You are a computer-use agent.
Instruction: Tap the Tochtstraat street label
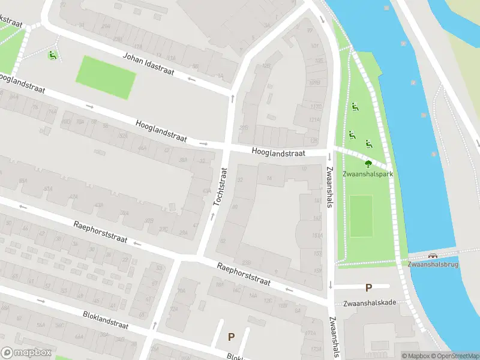pos(220,194)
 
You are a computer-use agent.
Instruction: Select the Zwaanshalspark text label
pos(368,174)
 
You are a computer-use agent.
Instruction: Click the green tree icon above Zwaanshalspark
pos(368,163)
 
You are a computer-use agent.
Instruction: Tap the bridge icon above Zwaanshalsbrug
pos(433,255)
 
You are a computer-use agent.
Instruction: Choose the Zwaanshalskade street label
pos(369,302)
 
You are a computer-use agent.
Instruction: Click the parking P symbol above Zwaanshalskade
pos(368,288)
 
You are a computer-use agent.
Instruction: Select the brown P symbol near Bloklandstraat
pos(231,337)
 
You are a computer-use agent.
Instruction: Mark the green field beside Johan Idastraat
pos(106,77)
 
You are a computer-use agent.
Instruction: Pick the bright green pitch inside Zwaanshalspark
pos(361,215)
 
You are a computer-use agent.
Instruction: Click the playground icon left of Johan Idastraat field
pos(52,56)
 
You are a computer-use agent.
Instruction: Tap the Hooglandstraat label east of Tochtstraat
pos(278,154)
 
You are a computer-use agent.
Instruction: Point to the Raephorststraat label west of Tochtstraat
pos(100,232)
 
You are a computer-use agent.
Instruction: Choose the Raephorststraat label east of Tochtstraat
pos(244,274)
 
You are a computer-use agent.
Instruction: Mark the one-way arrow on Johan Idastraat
pos(192,79)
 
